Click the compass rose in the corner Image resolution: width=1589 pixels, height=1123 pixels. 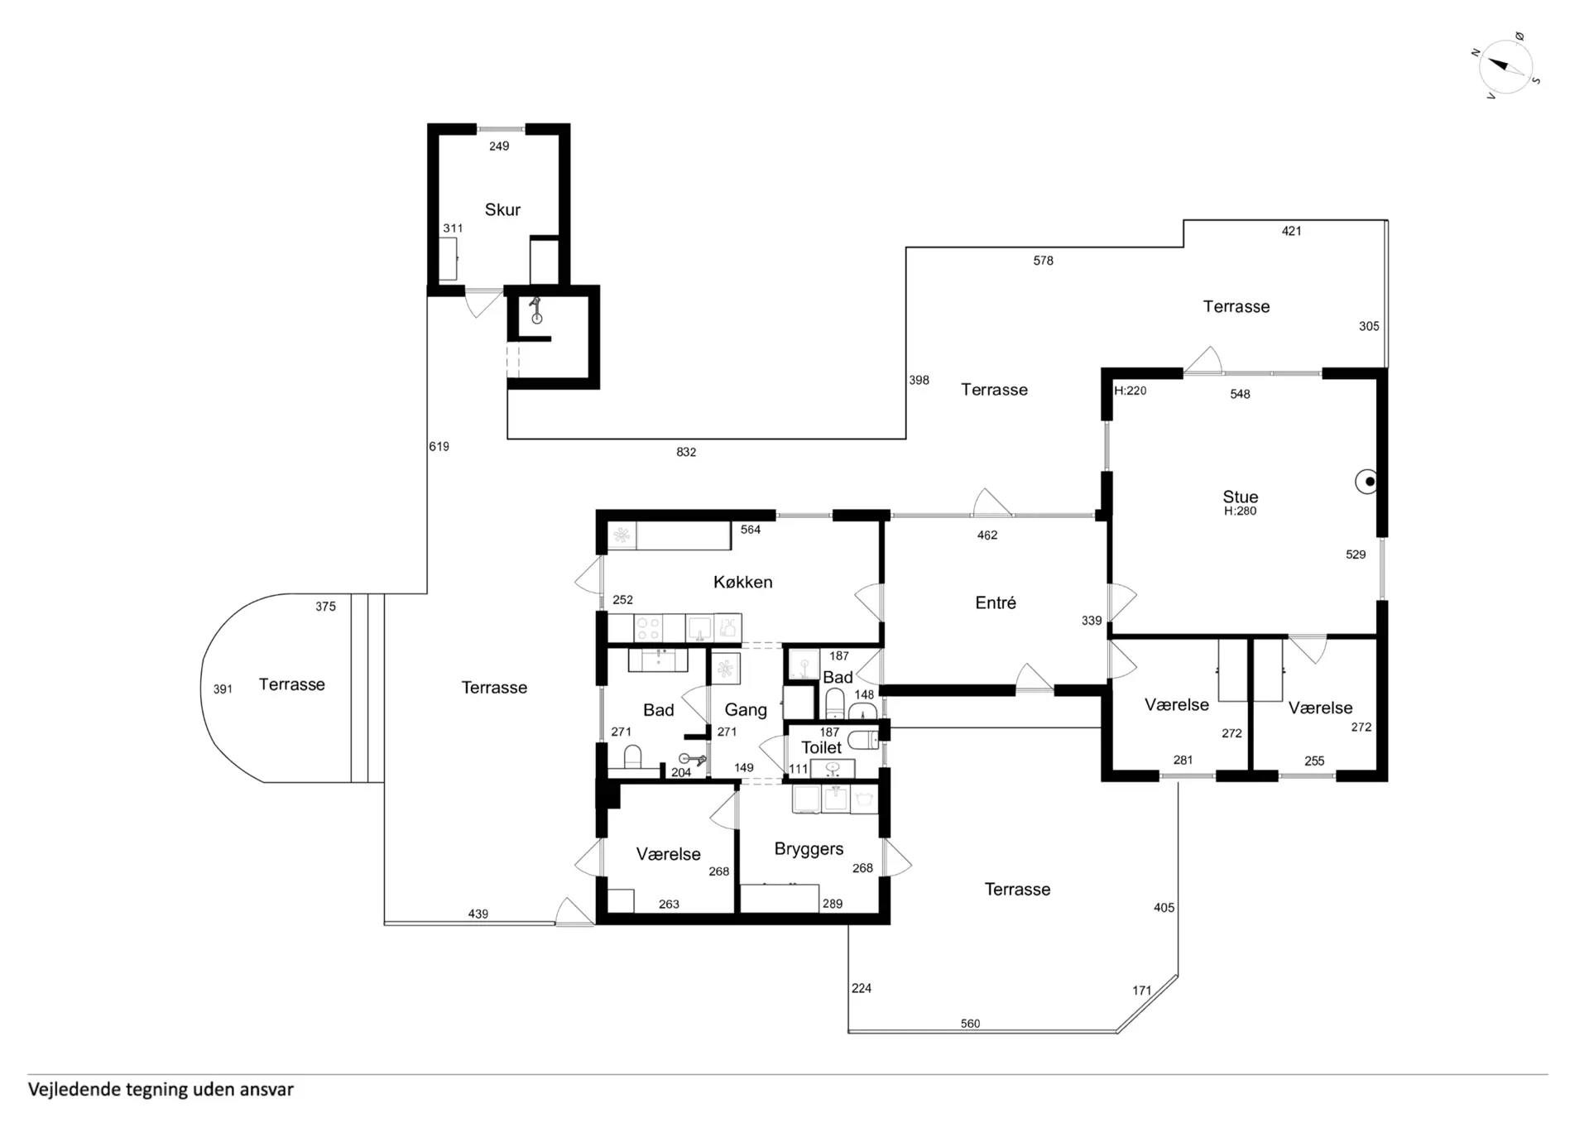1506,66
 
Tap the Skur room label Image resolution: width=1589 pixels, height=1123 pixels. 502,210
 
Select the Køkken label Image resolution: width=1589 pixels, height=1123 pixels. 742,582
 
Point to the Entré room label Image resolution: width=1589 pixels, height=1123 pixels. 996,602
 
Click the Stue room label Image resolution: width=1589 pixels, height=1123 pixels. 1240,497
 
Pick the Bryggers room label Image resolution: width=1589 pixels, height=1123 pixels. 809,849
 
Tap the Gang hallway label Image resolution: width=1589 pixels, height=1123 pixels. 746,710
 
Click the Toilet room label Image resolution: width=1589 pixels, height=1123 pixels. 821,747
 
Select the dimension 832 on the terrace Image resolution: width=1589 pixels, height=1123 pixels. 686,452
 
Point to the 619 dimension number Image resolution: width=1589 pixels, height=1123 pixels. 439,446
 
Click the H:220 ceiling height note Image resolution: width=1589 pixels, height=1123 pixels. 1130,391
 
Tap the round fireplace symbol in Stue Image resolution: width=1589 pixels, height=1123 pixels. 1367,482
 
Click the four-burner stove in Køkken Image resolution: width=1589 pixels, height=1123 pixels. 647,628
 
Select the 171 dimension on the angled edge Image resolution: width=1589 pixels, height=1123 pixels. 1142,990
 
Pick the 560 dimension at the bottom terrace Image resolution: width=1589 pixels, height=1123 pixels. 970,1024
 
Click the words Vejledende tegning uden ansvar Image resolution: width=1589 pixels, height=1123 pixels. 161,1089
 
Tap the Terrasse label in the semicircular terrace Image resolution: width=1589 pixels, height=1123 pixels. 291,684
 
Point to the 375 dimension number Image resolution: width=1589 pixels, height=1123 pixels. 325,607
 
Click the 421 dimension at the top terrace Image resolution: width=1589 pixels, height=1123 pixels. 1291,231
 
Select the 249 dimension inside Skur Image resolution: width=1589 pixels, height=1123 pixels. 498,146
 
